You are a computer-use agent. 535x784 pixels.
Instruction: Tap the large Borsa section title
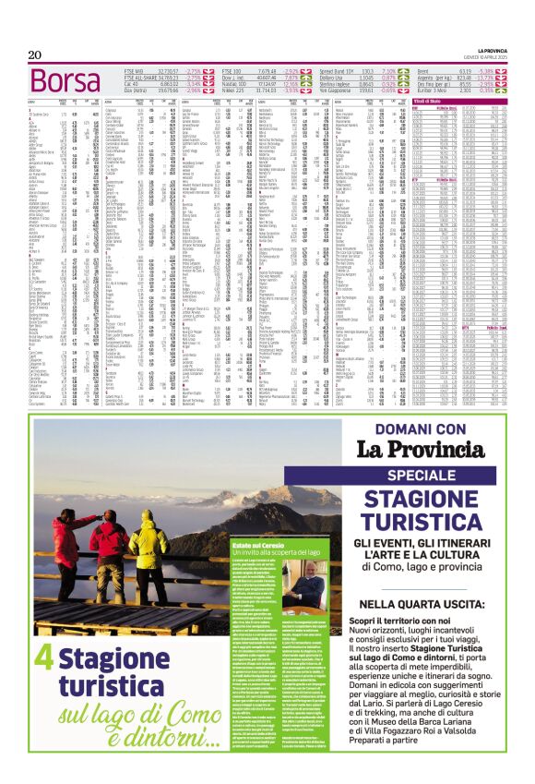coord(54,82)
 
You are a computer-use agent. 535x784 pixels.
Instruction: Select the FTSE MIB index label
coord(136,70)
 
